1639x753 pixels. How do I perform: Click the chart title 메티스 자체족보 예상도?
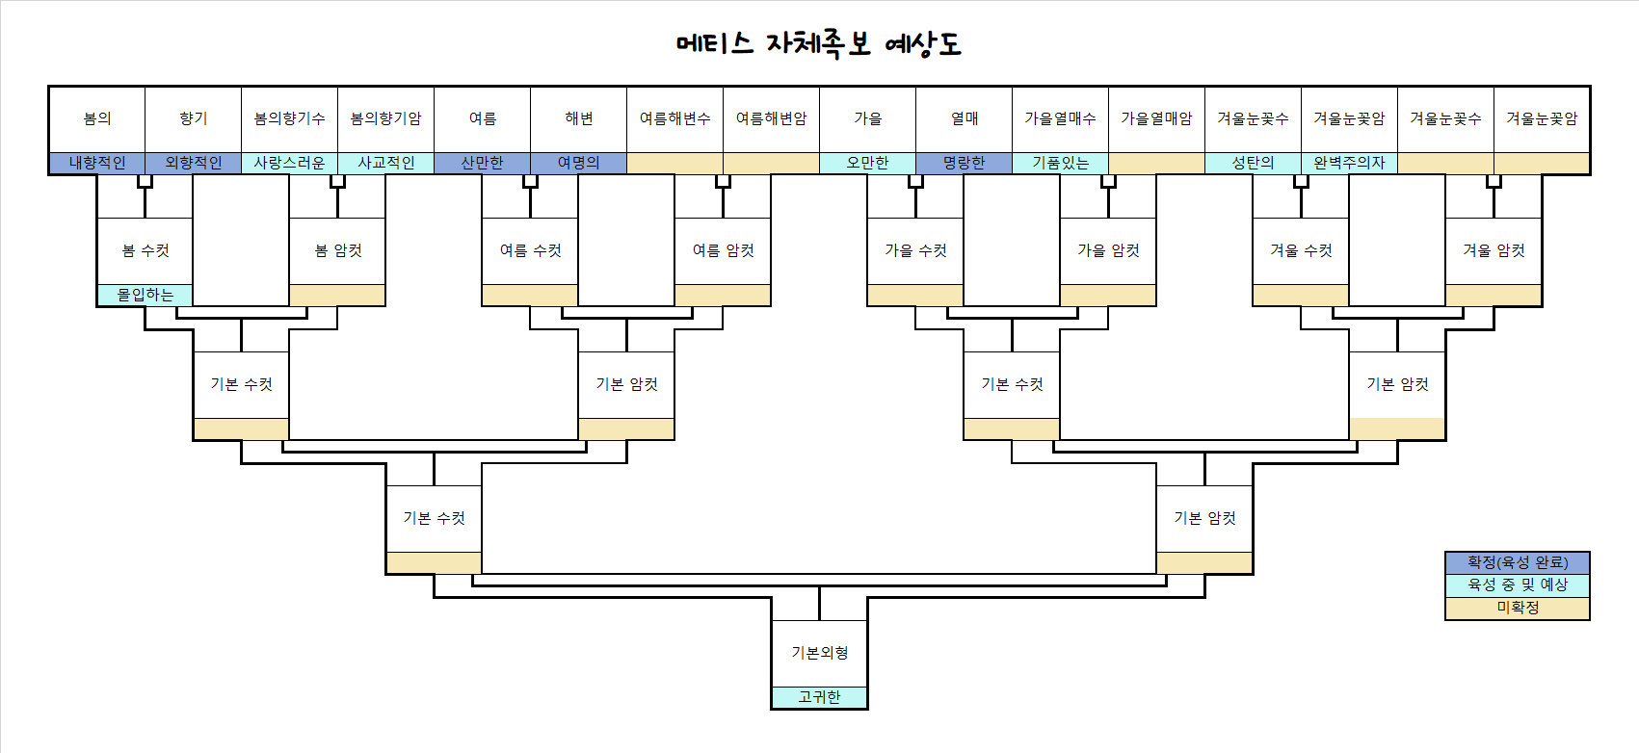(x=819, y=44)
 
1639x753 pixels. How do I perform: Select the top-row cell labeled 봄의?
(x=97, y=118)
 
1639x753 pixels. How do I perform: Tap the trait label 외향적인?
(x=194, y=163)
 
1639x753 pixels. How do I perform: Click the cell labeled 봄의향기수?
(x=290, y=118)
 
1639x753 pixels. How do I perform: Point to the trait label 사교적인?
(x=386, y=163)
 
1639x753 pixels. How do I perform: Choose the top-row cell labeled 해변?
(x=579, y=118)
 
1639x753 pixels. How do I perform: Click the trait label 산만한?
(x=483, y=163)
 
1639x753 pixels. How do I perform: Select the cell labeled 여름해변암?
(x=772, y=118)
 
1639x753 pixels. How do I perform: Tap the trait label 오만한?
(x=868, y=163)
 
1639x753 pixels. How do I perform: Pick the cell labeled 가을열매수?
(x=1061, y=118)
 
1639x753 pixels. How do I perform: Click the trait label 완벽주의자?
(x=1350, y=163)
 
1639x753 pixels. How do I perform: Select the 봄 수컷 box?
(x=145, y=250)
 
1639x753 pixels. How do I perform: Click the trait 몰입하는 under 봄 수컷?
(x=145, y=295)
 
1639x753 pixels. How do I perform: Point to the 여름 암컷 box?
(x=724, y=250)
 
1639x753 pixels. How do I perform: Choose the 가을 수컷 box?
(x=916, y=250)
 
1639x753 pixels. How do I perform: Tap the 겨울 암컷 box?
(x=1494, y=250)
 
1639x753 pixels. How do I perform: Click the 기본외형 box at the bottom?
(x=820, y=653)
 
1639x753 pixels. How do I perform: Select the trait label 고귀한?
(x=820, y=697)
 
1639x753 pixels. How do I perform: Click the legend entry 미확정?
(x=1518, y=608)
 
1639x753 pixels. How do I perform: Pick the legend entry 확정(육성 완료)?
(x=1518, y=562)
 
